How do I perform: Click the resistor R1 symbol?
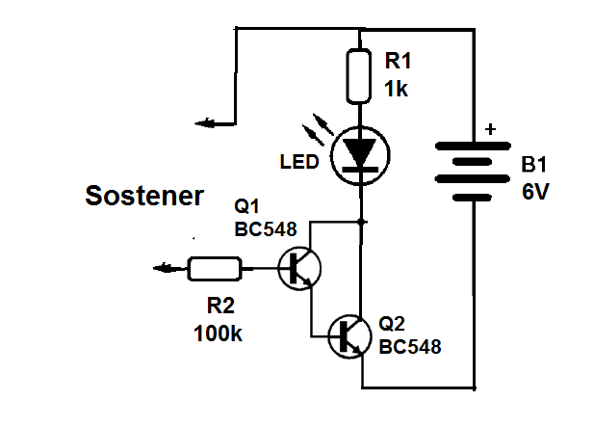point(360,74)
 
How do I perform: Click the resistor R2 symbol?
point(214,269)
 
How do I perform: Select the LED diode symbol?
point(360,155)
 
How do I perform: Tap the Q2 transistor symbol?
point(349,335)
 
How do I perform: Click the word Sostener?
point(144,197)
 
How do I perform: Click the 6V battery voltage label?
point(535,192)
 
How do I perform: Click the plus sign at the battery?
point(491,128)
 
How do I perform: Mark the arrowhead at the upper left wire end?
point(202,122)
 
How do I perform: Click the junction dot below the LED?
point(360,221)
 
